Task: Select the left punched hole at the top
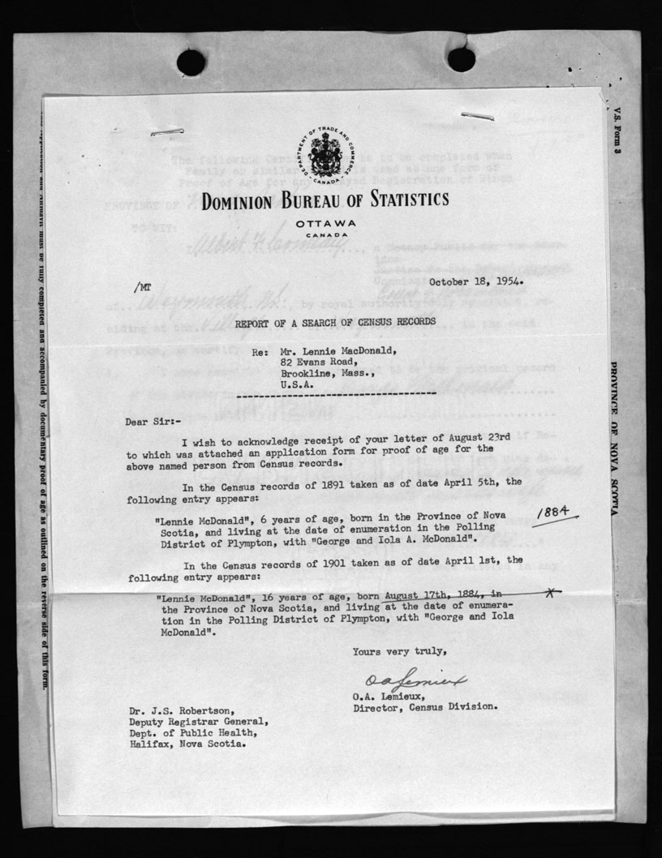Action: tap(191, 62)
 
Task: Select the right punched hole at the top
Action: tap(461, 58)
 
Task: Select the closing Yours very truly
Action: tap(398, 650)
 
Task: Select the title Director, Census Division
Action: tap(425, 706)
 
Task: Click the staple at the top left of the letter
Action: tap(167, 131)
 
